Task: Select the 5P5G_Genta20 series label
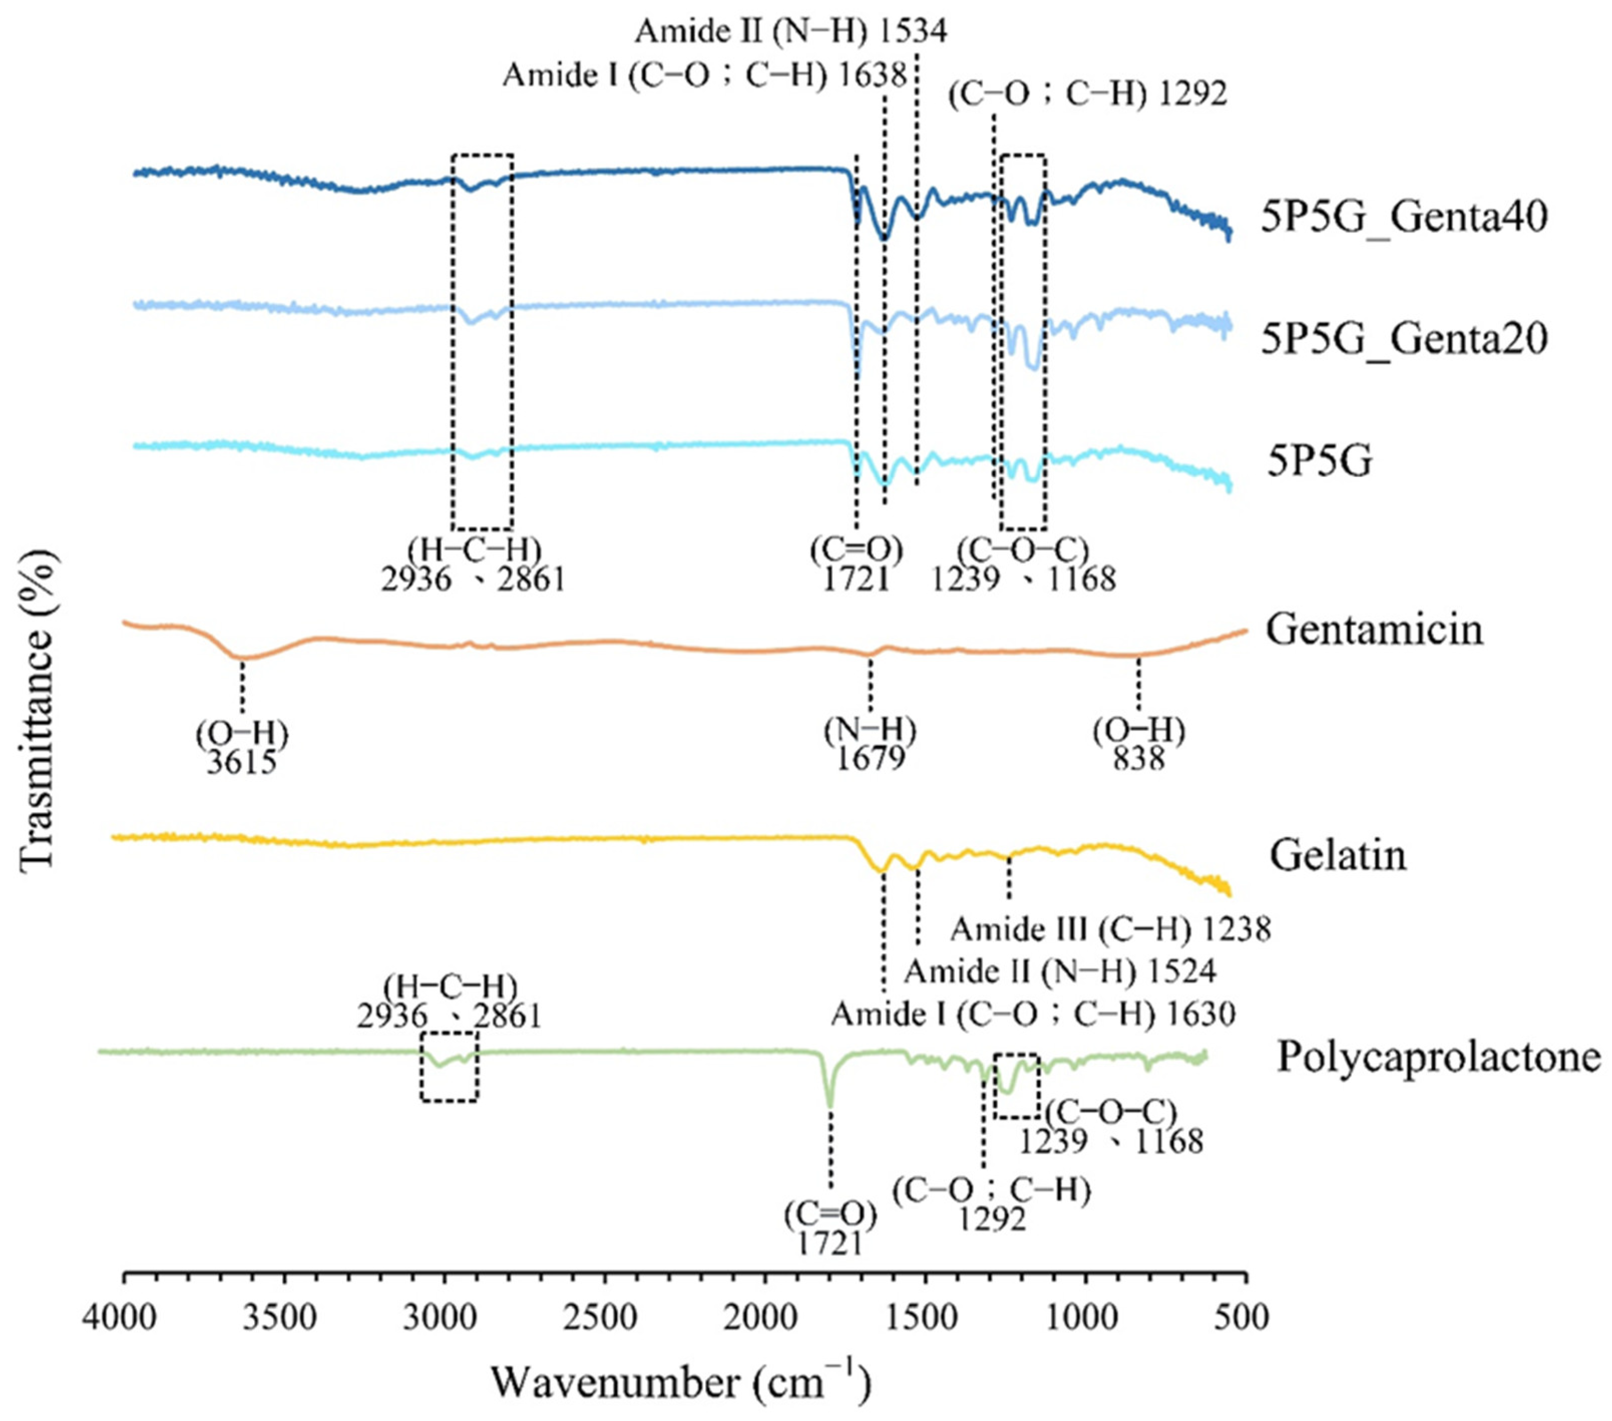click(x=1404, y=339)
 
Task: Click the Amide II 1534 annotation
click(x=791, y=32)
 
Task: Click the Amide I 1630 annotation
click(x=1033, y=1014)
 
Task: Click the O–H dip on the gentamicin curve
click(x=242, y=657)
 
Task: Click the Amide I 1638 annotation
click(x=704, y=77)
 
